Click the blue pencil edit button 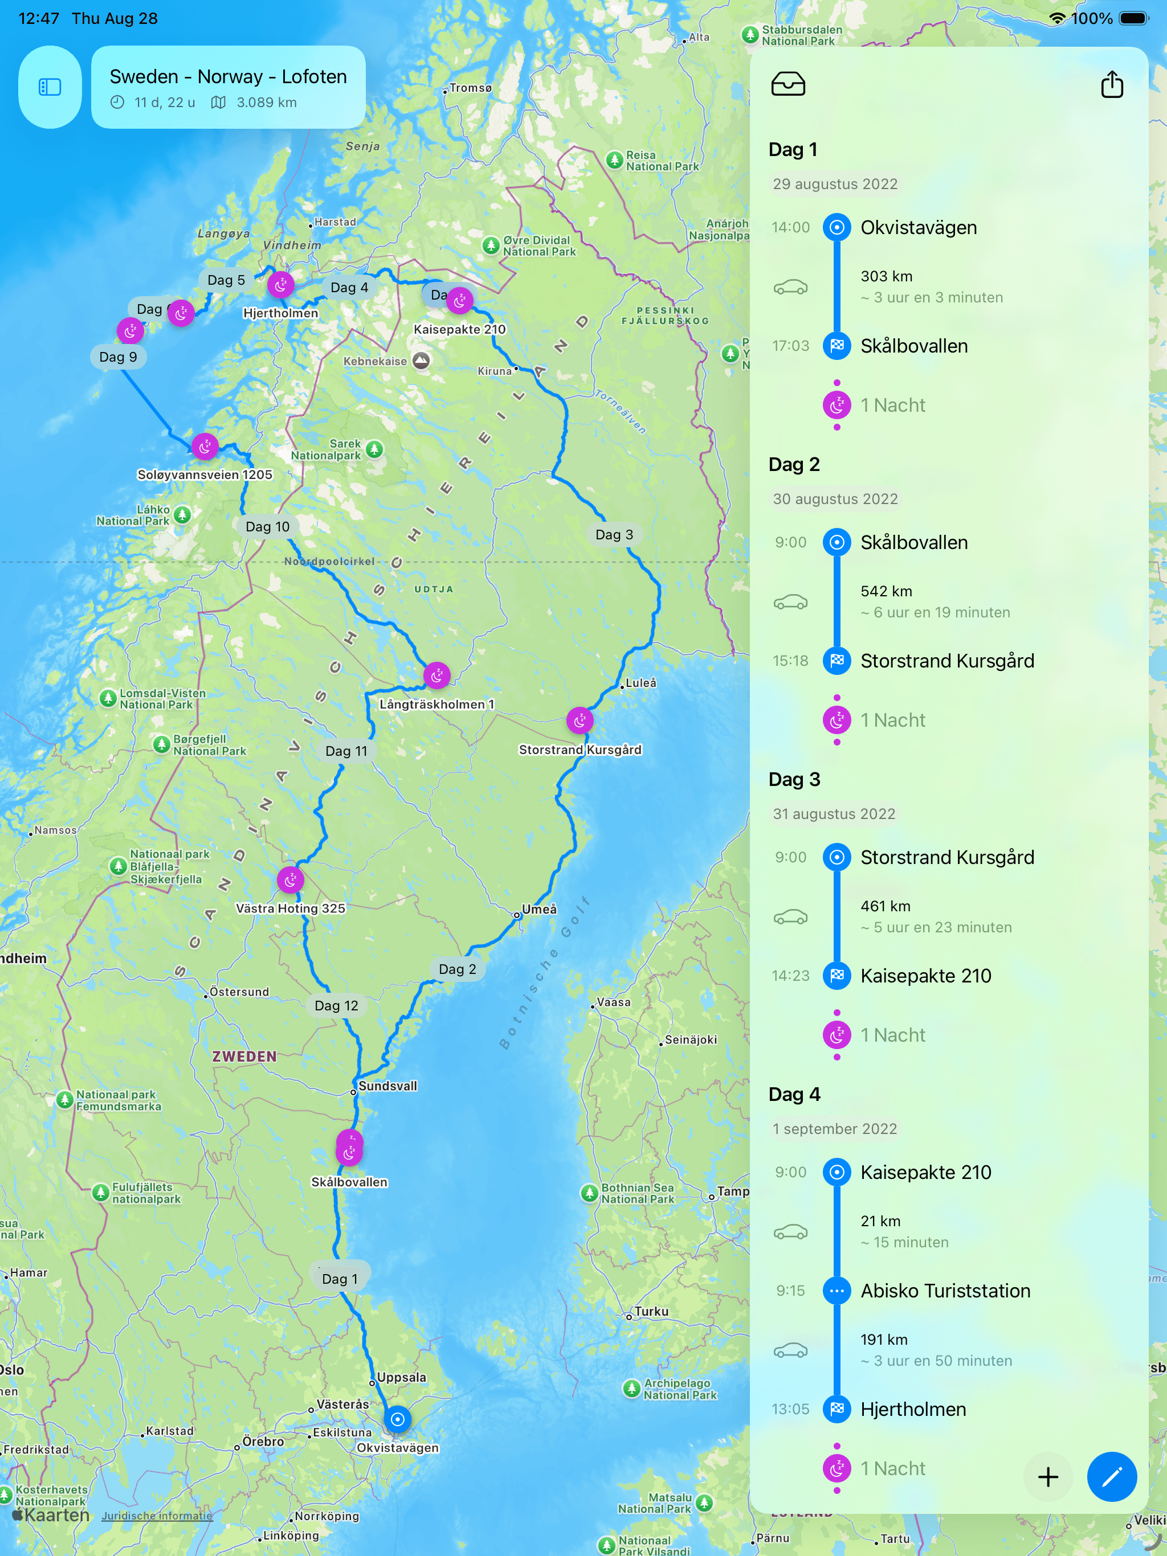point(1111,1476)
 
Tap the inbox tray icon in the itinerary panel point(787,84)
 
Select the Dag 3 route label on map point(614,535)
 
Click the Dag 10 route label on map point(267,527)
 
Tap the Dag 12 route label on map point(336,1006)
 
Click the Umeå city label point(538,910)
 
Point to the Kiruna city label point(495,371)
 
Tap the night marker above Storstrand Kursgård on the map point(580,720)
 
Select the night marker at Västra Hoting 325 point(290,880)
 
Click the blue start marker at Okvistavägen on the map point(397,1419)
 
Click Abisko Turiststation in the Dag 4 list point(945,1291)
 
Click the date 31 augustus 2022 point(834,814)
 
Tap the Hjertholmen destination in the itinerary point(913,1409)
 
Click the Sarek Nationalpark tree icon point(374,449)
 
